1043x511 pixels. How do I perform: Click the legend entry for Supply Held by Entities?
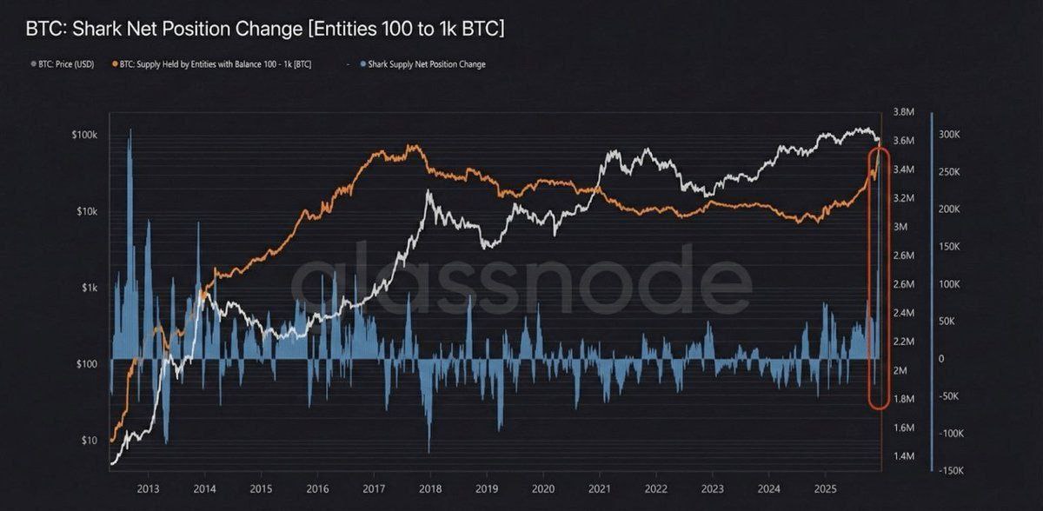coord(214,64)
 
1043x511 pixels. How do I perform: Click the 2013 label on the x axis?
coord(148,488)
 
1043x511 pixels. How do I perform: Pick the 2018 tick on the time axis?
coord(429,488)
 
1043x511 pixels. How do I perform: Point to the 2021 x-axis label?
coord(599,488)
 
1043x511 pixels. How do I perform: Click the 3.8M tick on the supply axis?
coord(904,112)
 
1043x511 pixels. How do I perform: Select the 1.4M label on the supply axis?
coord(904,456)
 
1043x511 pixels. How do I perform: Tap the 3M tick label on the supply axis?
coord(900,227)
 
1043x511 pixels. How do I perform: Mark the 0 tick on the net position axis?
coord(942,359)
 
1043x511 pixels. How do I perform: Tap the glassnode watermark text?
coord(521,280)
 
